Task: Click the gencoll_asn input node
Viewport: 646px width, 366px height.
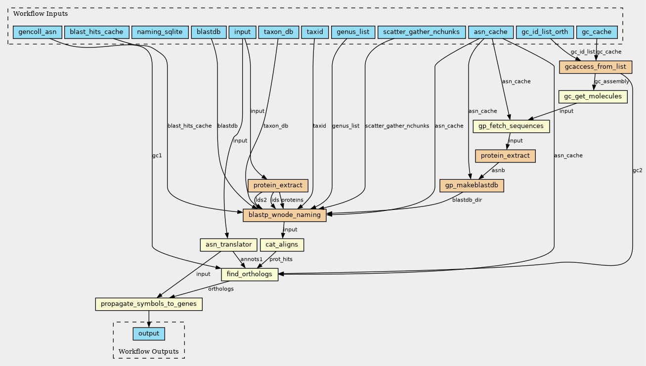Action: click(x=37, y=32)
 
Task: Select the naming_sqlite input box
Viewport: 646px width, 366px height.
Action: click(x=160, y=32)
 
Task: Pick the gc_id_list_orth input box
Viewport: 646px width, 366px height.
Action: click(x=544, y=32)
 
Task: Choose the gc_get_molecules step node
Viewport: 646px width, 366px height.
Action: click(x=593, y=96)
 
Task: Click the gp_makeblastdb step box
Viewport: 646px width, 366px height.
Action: click(x=472, y=186)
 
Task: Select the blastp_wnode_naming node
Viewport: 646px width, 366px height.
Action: click(x=284, y=215)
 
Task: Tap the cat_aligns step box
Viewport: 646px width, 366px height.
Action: click(x=284, y=245)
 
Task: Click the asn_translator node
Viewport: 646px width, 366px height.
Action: click(x=228, y=245)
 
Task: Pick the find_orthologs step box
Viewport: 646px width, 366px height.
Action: click(x=250, y=275)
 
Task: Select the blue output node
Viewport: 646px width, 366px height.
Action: click(x=149, y=334)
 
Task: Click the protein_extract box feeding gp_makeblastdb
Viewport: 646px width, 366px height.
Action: click(x=505, y=156)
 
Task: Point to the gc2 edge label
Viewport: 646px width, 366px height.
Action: click(x=637, y=171)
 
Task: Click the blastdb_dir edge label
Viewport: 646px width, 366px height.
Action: click(x=467, y=201)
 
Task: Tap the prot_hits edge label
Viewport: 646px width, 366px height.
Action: click(x=281, y=259)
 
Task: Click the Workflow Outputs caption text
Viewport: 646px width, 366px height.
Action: click(x=148, y=352)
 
